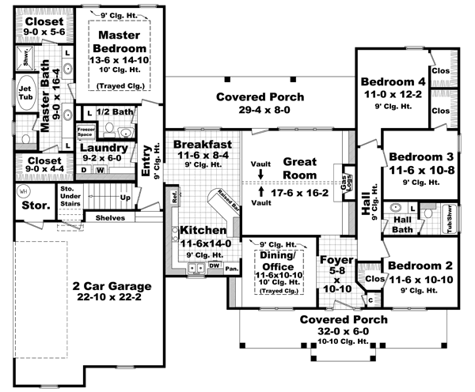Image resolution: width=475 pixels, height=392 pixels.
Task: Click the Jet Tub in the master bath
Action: click(25, 89)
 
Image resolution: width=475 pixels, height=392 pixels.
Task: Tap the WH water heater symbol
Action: click(23, 191)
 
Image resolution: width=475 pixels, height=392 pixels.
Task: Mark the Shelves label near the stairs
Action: click(110, 218)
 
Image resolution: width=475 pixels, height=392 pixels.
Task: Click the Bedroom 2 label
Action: click(420, 266)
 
